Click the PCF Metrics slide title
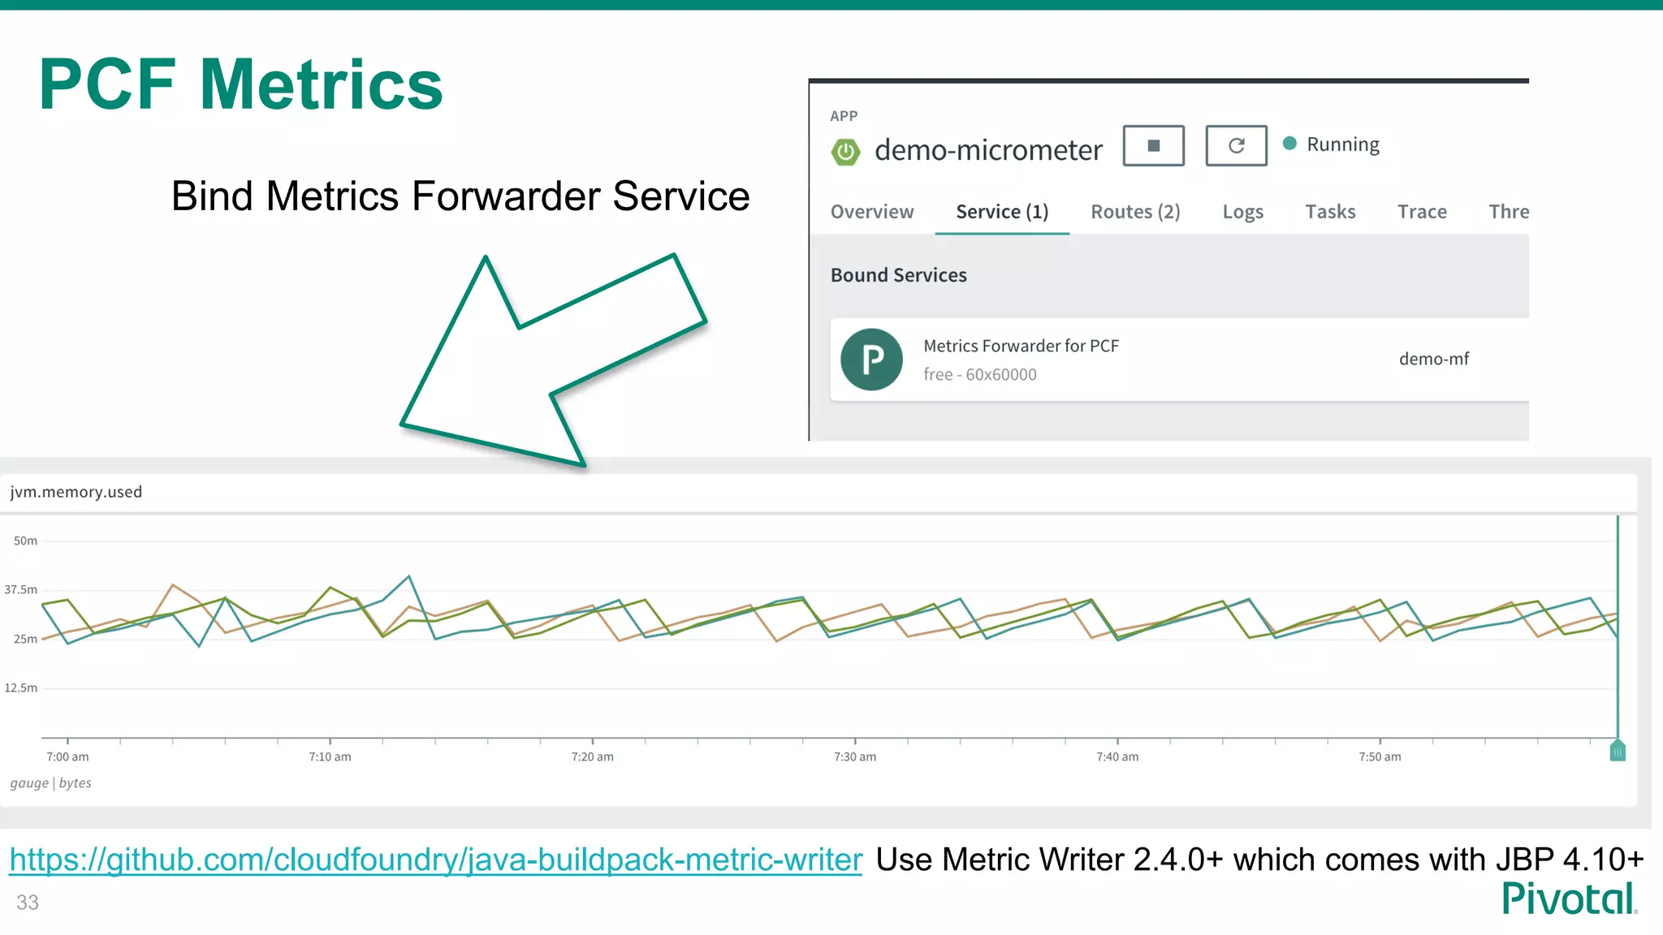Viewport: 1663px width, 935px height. [x=240, y=84]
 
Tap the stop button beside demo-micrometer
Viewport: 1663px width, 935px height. [x=1153, y=146]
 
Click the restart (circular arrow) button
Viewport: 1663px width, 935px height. [x=1236, y=146]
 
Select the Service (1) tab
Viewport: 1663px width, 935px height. [x=1002, y=212]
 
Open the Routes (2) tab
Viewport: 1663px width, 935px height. [x=1135, y=212]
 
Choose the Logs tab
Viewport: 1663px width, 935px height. [x=1242, y=212]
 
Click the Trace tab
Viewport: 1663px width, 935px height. [x=1422, y=212]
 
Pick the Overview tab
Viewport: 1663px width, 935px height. [x=871, y=212]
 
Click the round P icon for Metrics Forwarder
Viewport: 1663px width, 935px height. [x=871, y=360]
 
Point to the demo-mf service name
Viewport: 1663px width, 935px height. [x=1433, y=359]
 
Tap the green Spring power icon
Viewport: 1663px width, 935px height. [x=845, y=151]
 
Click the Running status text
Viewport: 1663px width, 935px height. [x=1342, y=144]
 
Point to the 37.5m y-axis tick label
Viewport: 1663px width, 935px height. [x=21, y=590]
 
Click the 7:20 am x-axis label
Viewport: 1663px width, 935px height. [x=592, y=756]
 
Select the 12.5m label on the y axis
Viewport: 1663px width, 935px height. [x=21, y=688]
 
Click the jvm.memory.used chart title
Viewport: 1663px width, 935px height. [x=76, y=492]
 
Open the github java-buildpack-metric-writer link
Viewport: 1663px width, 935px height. [x=435, y=860]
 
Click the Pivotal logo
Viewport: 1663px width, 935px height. [x=1568, y=898]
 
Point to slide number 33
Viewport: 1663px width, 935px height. [x=28, y=903]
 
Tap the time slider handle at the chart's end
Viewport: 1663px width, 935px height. [x=1617, y=751]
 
